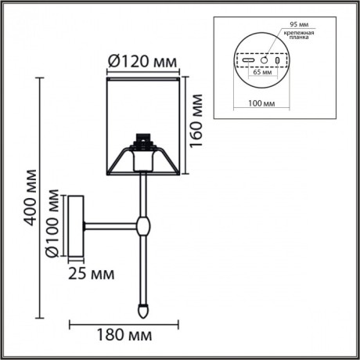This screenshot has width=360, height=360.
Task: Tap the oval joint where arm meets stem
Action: [142, 226]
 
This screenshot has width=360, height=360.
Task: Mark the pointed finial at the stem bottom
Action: [142, 309]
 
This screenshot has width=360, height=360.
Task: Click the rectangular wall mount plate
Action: [76, 226]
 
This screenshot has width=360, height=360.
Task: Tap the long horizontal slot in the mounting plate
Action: [247, 60]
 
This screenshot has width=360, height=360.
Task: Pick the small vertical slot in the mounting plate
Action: [277, 60]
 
